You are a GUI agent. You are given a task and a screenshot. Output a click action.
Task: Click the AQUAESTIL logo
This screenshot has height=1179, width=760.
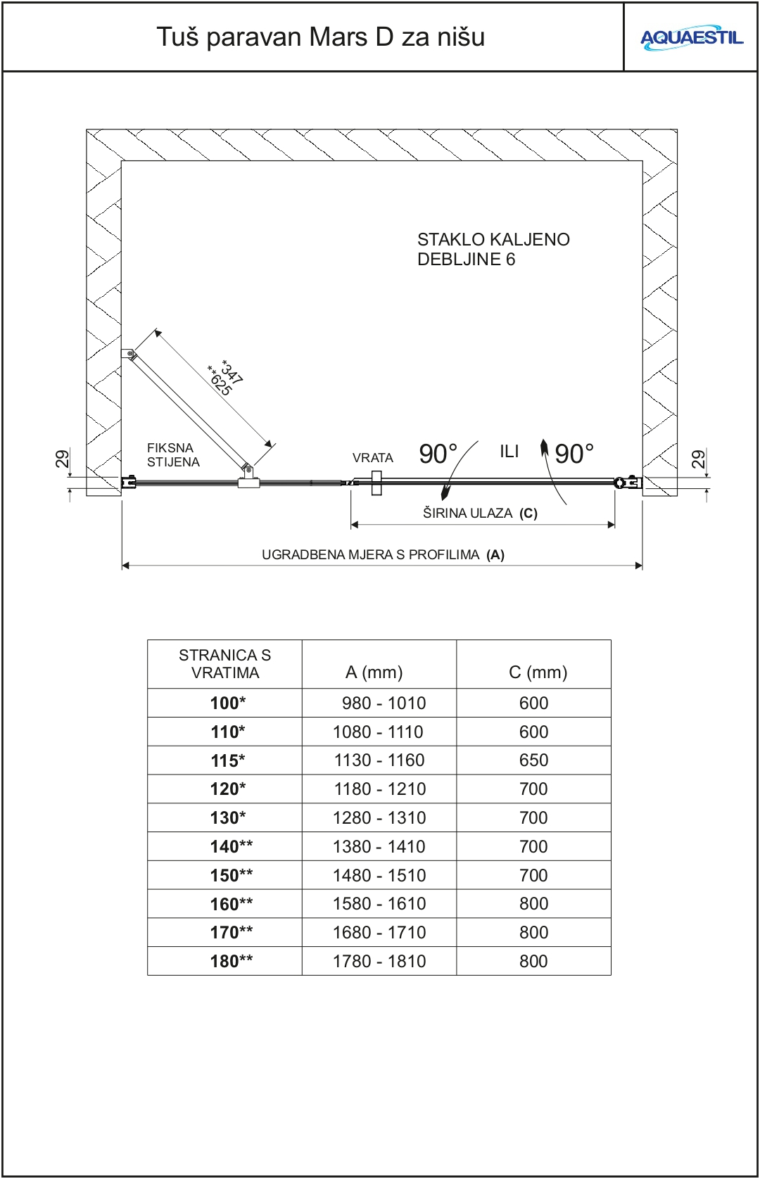point(691,38)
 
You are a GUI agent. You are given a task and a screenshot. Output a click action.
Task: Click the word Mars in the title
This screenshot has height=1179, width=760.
point(345,37)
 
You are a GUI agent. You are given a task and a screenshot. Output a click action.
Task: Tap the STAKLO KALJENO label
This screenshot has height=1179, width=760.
point(493,240)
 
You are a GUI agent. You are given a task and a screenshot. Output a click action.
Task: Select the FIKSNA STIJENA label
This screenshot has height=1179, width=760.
point(173,455)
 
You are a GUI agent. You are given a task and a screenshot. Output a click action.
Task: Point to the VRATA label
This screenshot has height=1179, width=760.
point(372,458)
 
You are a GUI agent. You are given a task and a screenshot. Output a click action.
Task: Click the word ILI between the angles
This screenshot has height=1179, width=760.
point(509,452)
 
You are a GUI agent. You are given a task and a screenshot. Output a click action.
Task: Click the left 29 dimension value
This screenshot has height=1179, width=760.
point(63,459)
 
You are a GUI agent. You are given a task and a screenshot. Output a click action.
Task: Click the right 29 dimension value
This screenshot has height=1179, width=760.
point(697,459)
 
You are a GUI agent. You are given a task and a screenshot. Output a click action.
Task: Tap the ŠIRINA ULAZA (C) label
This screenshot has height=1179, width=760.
point(480,514)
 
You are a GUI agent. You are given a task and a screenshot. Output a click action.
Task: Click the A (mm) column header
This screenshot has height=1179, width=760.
point(374,673)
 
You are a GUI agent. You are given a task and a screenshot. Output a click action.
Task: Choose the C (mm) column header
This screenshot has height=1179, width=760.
point(538,673)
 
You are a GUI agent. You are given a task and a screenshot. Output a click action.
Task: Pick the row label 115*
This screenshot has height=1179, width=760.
point(228,760)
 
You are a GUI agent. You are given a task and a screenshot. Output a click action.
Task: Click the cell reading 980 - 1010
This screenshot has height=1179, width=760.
point(384,703)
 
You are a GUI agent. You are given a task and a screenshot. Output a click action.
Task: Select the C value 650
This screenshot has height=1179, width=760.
point(533,760)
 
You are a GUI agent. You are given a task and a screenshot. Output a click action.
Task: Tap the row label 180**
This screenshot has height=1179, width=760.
point(231,962)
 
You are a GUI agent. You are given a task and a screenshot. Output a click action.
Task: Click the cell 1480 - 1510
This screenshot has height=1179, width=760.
point(380,876)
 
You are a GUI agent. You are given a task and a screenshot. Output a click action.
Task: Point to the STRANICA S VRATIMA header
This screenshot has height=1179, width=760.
point(224,664)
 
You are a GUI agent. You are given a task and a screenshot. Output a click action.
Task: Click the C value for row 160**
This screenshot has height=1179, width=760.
point(533,904)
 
